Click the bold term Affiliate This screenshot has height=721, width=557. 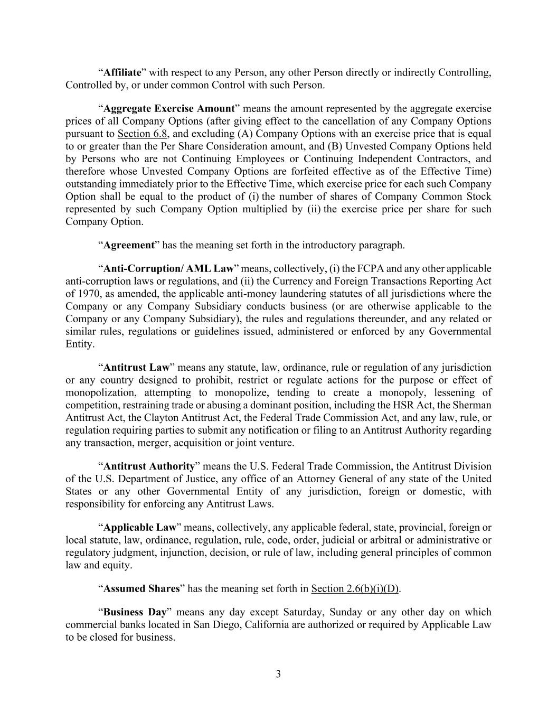[122, 72]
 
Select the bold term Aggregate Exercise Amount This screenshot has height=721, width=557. [169, 109]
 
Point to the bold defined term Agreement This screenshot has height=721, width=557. [128, 245]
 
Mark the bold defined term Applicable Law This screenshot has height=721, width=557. [139, 528]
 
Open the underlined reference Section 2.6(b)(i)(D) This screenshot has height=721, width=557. [355, 589]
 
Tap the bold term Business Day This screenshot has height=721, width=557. [135, 612]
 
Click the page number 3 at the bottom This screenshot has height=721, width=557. [278, 674]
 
